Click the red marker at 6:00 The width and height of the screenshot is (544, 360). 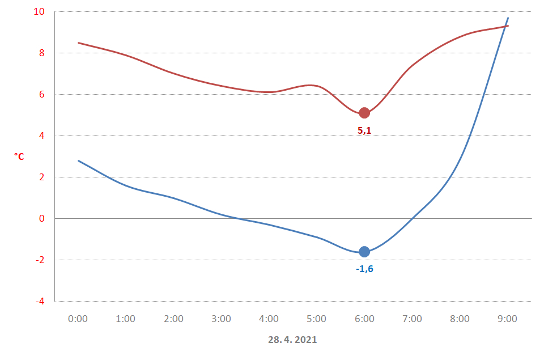pos(364,113)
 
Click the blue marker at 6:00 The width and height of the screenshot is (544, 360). pos(364,252)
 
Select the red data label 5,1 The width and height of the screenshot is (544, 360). pos(364,130)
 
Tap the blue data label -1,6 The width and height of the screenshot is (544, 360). pos(364,269)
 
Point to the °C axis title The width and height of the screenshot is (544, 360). pos(19,156)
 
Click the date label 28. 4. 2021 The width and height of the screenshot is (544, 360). pos(292,340)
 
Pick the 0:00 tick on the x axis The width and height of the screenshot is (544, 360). pos(78,319)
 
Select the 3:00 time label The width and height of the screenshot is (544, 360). pos(221,319)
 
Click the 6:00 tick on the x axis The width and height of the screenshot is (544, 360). pos(364,319)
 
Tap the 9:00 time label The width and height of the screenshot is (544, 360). pos(507,319)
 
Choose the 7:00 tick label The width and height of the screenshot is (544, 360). pos(412,319)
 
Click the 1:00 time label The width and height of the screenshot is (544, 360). pos(126,319)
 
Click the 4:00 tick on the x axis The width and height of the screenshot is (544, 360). pos(269,319)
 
